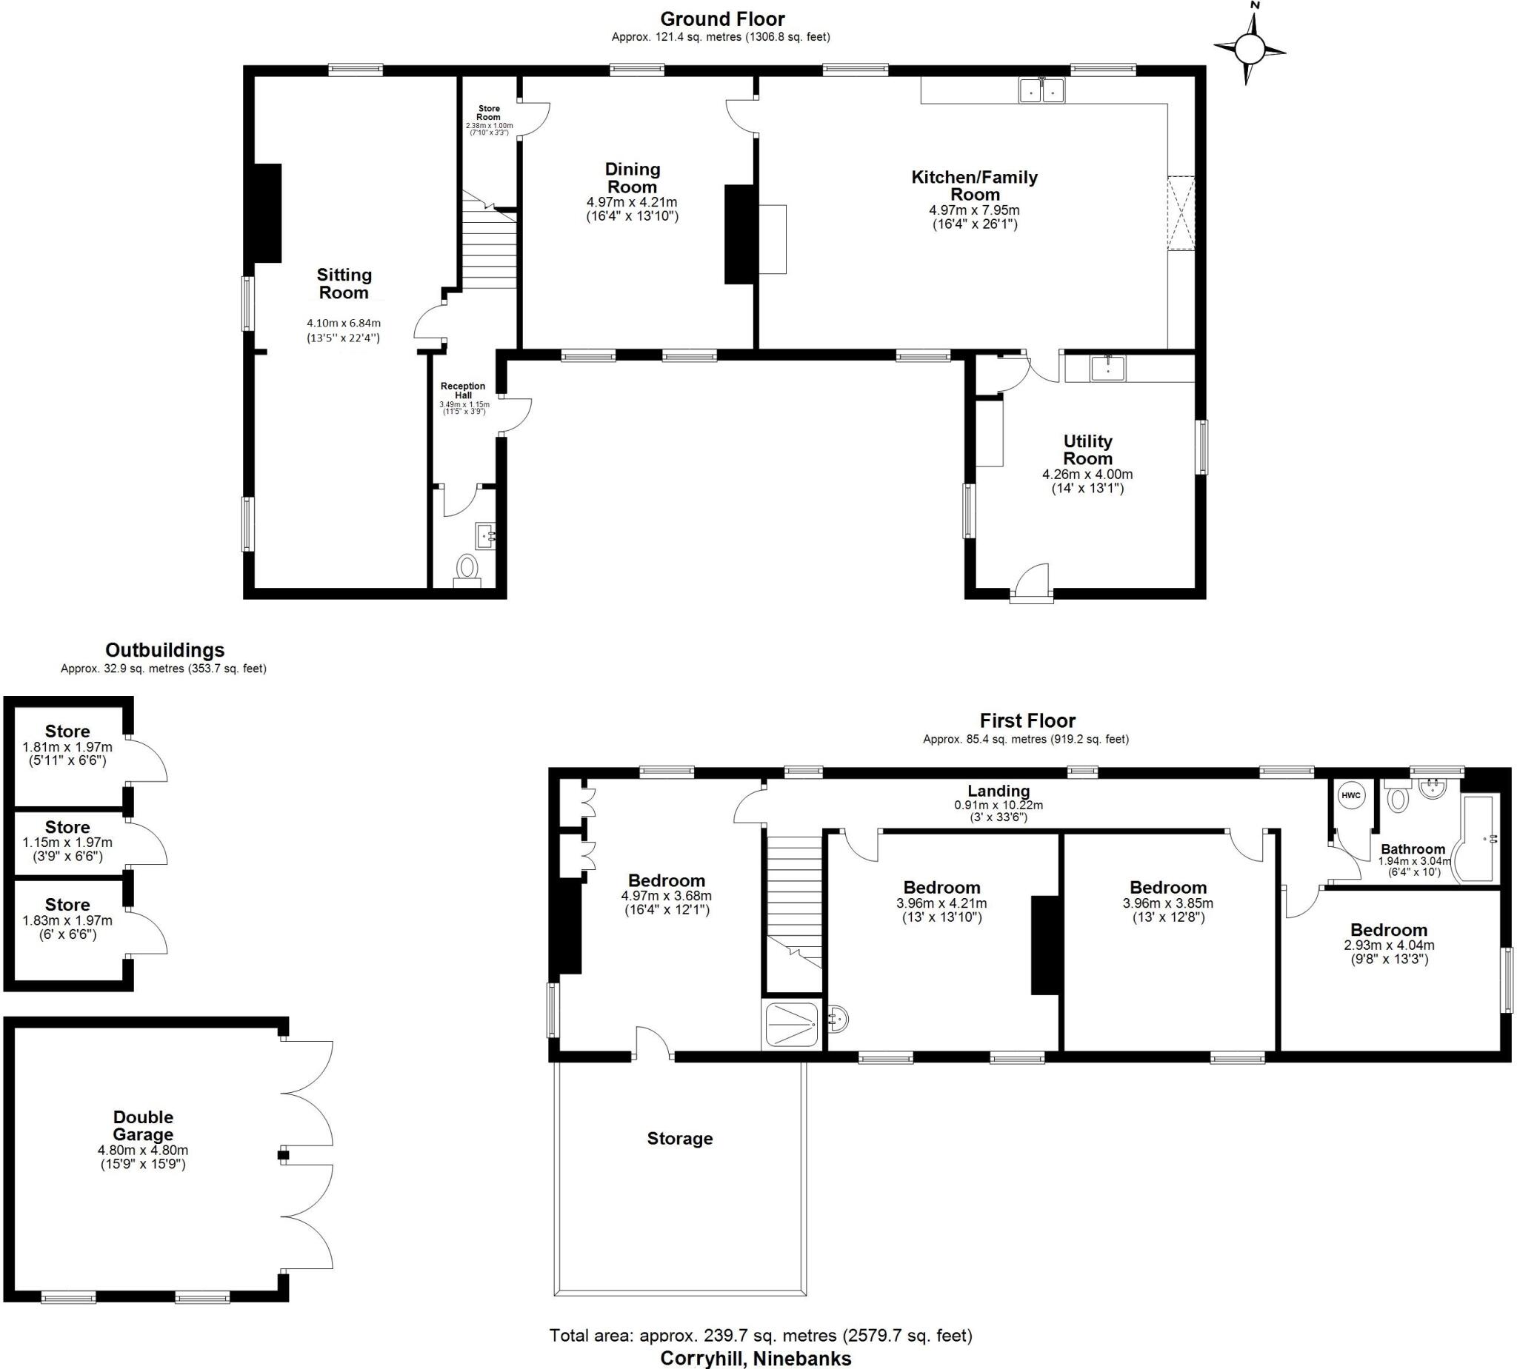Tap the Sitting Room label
pos(344,284)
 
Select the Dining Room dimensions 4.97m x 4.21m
pos(631,202)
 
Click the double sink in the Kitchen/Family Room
pos(1041,90)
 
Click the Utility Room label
pos(1087,450)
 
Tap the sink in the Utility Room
pos(1107,369)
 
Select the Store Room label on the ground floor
pos(488,113)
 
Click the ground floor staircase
pos(488,248)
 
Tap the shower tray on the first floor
pos(791,1024)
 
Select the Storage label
pos(679,1138)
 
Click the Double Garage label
pos(143,1125)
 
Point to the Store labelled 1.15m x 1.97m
pos(67,842)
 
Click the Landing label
pos(998,791)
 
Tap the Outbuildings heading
pos(164,650)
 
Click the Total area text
pos(760,1335)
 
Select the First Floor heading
pos(1027,720)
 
